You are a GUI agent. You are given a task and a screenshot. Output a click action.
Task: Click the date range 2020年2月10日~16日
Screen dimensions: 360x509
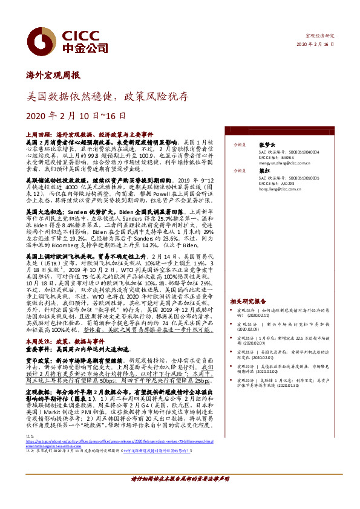click(x=76, y=115)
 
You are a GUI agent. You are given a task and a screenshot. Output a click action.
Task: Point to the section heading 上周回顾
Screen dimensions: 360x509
click(x=38, y=134)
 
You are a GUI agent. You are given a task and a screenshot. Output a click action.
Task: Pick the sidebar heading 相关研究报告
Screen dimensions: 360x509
click(x=248, y=301)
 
